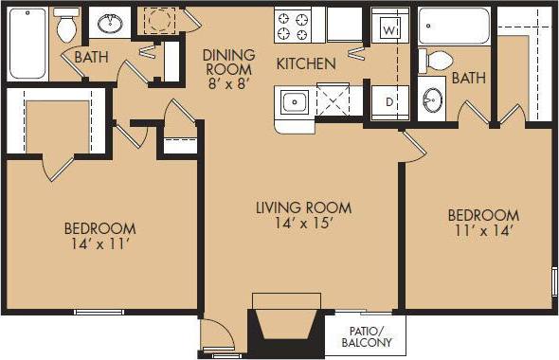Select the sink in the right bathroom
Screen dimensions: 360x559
(432, 99)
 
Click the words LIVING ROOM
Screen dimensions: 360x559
(303, 207)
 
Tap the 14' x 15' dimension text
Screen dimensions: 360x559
(303, 225)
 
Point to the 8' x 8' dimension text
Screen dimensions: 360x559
(227, 83)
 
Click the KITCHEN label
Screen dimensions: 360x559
(306, 64)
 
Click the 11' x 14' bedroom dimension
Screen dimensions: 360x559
(483, 232)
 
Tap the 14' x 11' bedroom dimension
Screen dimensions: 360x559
(99, 245)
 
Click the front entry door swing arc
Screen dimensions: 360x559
(216, 333)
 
